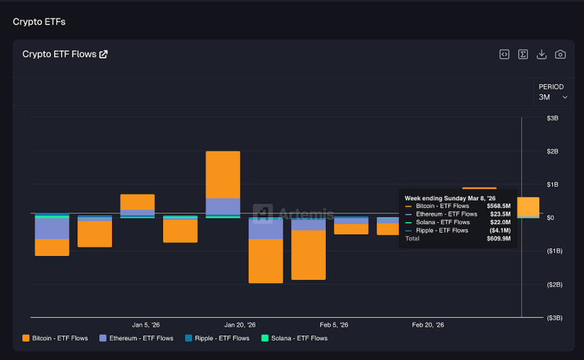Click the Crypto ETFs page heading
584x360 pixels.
point(39,22)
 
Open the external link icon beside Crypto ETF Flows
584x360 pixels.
point(103,54)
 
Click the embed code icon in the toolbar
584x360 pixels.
point(505,54)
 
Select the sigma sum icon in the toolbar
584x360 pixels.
point(523,54)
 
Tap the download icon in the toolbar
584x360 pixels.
point(541,54)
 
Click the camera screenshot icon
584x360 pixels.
point(560,54)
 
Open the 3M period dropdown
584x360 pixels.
point(553,97)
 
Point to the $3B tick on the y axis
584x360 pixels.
point(552,118)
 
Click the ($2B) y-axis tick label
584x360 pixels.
point(553,285)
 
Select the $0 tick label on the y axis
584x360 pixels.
point(551,218)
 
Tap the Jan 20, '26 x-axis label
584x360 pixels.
point(240,325)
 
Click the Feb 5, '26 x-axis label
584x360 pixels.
point(334,325)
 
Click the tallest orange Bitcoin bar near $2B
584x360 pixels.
point(223,174)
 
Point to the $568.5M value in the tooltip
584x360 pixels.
point(498,206)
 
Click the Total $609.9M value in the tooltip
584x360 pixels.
point(498,238)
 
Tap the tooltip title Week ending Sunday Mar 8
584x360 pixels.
point(450,198)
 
